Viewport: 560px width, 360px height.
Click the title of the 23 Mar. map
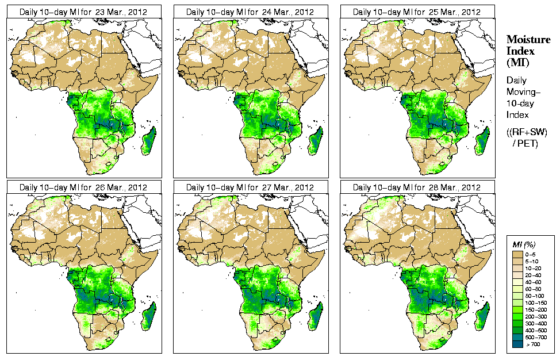[83, 12]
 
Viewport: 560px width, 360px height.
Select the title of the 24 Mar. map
[250, 12]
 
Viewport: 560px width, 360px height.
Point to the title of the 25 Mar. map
[417, 12]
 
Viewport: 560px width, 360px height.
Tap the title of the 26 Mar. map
[83, 187]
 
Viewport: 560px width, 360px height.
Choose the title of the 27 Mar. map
[250, 187]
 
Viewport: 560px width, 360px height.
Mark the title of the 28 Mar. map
[417, 187]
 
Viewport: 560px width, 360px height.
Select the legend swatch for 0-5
[518, 254]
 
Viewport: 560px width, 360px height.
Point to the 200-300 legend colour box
[518, 316]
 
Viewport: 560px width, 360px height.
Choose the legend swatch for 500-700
[518, 336]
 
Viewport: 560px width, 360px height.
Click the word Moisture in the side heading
[525, 40]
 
